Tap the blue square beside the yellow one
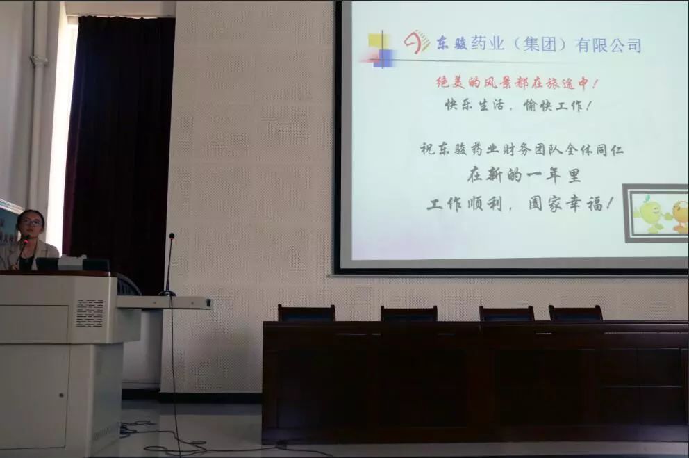(x=385, y=57)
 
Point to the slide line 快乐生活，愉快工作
(x=517, y=106)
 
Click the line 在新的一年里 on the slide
(x=524, y=176)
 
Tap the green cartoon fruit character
(x=649, y=215)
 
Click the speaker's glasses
(x=33, y=222)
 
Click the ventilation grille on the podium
(x=90, y=313)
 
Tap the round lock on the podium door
(x=62, y=395)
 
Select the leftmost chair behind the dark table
(x=306, y=313)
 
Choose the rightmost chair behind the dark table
(x=575, y=313)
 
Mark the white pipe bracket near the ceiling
(x=39, y=59)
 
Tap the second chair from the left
(x=408, y=314)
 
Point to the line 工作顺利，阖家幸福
(x=520, y=204)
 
